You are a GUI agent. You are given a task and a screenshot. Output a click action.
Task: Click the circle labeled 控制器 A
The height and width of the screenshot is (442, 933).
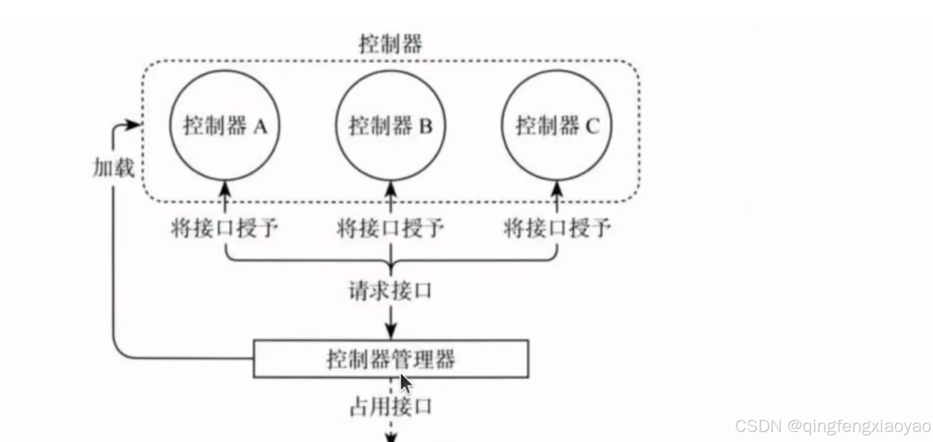(225, 125)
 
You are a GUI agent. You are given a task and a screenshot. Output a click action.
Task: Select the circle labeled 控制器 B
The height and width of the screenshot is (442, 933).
(390, 125)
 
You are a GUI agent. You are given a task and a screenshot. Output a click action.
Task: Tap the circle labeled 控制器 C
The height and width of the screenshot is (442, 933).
(557, 125)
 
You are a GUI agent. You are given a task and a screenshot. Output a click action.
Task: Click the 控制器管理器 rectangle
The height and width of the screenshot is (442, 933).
(391, 359)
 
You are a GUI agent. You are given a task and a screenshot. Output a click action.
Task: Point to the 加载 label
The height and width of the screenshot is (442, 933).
(114, 168)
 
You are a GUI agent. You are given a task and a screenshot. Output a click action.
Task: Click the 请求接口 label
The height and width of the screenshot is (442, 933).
(390, 291)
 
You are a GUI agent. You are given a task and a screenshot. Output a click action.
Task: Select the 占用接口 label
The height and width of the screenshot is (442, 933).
(390, 407)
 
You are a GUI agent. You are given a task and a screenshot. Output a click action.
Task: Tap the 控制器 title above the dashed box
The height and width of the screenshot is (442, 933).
(390, 44)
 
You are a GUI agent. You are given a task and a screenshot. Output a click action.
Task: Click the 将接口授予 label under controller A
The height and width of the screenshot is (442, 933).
(225, 228)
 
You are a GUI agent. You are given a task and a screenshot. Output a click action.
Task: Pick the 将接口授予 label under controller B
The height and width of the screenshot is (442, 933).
(390, 228)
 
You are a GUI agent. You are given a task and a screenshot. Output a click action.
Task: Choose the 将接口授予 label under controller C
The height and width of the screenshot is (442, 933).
(557, 228)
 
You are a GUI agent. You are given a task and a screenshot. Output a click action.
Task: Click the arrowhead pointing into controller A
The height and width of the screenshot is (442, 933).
(225, 189)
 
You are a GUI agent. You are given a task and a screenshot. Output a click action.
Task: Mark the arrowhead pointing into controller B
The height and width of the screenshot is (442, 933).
(391, 189)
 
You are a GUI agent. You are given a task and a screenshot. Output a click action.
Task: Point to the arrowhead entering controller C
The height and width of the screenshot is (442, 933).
(557, 189)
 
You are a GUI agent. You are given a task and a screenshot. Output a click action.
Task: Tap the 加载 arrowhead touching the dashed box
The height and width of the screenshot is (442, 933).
(134, 125)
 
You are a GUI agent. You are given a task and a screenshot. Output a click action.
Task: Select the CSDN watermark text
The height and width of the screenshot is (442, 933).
(833, 426)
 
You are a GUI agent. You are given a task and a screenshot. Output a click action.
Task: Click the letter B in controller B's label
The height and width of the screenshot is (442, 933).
(426, 126)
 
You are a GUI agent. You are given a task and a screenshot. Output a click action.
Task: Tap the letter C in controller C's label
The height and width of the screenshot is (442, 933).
(592, 126)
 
